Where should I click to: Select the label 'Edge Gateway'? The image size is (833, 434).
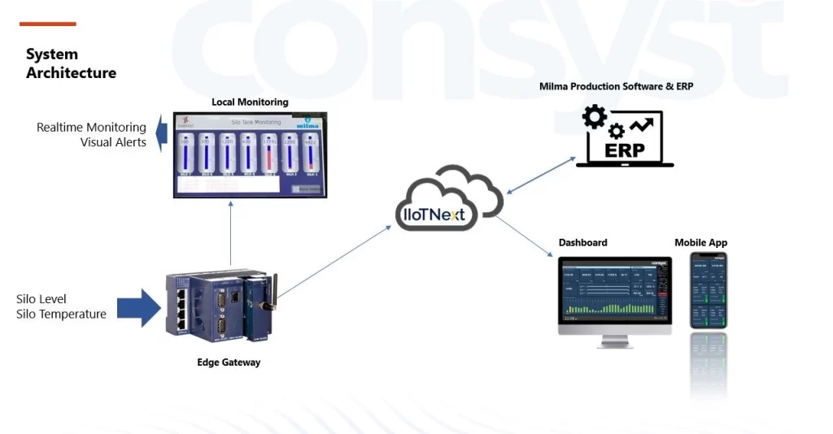(229, 362)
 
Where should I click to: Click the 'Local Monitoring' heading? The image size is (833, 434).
(250, 102)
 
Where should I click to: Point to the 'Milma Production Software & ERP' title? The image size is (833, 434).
(617, 86)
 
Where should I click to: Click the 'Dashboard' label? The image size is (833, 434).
(582, 242)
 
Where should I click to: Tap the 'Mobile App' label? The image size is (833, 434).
(700, 242)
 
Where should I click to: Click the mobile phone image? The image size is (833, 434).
(709, 290)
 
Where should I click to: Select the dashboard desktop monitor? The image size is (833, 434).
(614, 297)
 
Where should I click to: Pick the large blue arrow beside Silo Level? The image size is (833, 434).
(139, 308)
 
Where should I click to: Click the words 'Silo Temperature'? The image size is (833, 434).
(61, 315)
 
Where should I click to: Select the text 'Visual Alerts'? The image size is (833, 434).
(113, 142)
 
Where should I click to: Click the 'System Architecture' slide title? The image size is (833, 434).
(71, 63)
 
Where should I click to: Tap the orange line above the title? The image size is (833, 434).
(47, 24)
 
